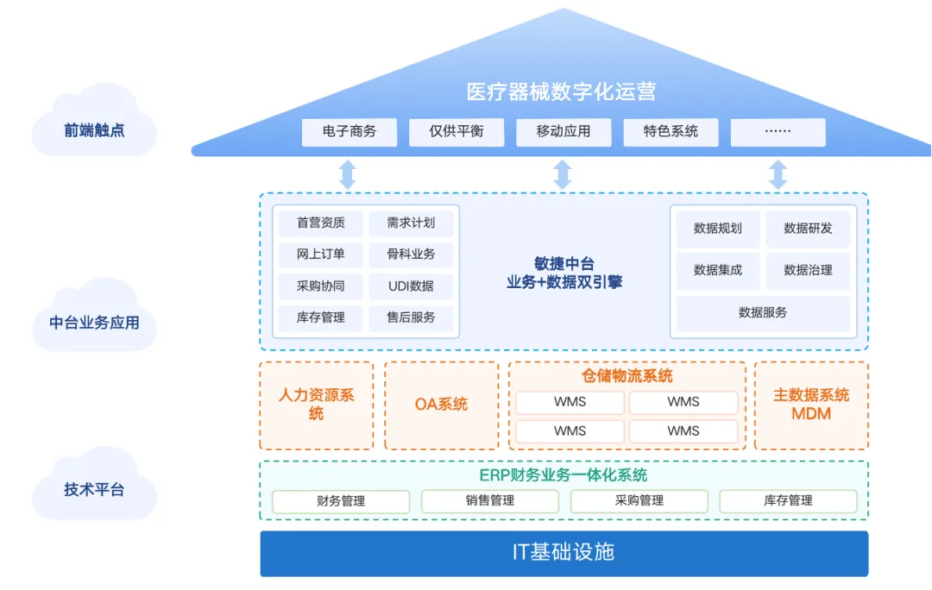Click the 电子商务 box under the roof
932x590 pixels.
[x=349, y=132]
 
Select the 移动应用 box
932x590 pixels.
[x=564, y=132]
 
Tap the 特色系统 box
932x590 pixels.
[x=671, y=132]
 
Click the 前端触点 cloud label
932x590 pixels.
[x=94, y=130]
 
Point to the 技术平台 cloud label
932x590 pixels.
[x=94, y=490]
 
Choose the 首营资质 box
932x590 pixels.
[x=321, y=223]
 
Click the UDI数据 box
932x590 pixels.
[x=411, y=286]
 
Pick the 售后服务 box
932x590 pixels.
[x=411, y=317]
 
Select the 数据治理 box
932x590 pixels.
[x=808, y=271]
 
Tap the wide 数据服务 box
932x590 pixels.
[x=763, y=313]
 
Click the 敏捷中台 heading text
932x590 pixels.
[x=564, y=264]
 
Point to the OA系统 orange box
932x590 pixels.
[x=442, y=405]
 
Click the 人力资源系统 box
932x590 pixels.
[x=317, y=405]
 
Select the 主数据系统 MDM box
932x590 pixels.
[x=811, y=405]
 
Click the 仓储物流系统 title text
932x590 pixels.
[x=627, y=376]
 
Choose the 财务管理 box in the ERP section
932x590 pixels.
[x=341, y=501]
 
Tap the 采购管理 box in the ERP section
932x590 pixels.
[x=639, y=501]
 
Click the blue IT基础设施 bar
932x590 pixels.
[x=564, y=553]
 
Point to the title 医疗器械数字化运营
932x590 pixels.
[x=561, y=92]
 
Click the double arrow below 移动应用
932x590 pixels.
[x=563, y=173]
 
